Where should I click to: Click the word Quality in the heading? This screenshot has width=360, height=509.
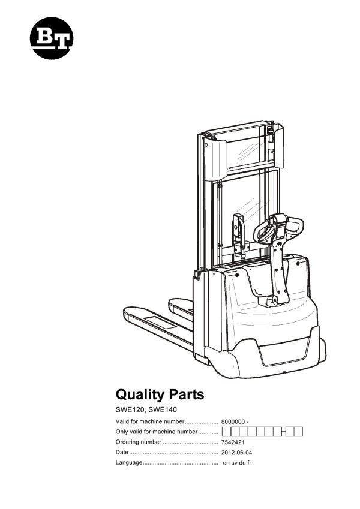138,394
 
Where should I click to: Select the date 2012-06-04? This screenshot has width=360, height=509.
237,453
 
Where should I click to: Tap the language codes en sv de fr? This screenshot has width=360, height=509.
237,463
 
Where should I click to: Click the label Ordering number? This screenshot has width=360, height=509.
138,442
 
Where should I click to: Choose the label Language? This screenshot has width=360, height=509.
128,463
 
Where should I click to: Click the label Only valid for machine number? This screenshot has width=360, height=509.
156,432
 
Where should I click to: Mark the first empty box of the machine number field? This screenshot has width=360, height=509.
226,432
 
